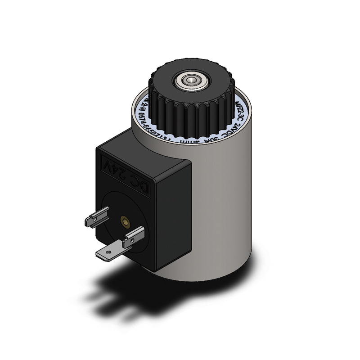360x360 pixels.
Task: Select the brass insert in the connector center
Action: click(x=123, y=221)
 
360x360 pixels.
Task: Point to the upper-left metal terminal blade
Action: click(x=95, y=219)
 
